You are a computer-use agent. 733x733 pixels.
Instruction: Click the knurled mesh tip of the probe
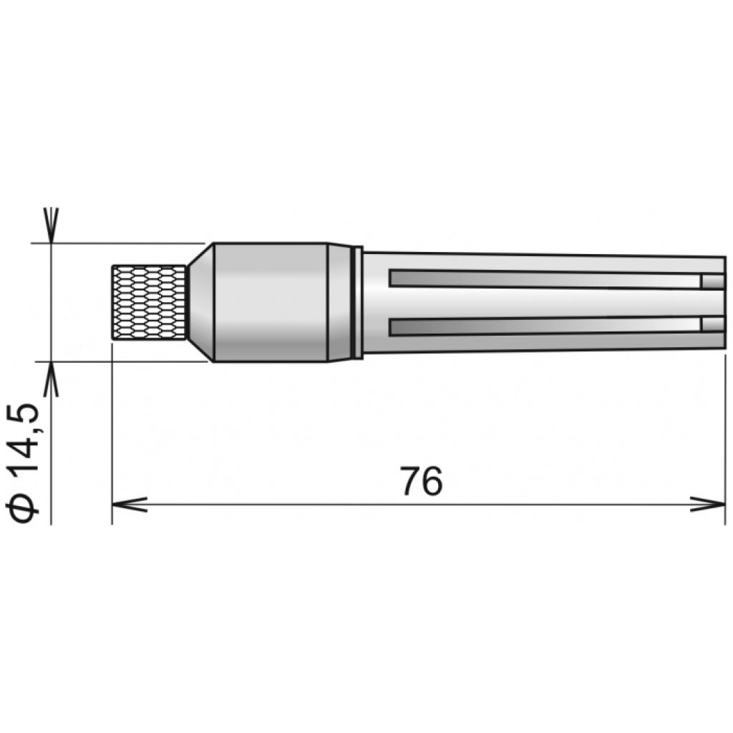point(150,302)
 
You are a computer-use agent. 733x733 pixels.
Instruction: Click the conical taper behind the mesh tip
point(200,302)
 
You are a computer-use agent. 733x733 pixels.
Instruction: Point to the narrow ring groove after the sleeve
point(356,302)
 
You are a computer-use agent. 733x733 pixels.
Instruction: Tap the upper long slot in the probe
point(544,280)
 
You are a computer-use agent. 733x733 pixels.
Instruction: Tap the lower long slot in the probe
point(544,326)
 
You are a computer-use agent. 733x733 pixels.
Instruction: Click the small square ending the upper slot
point(713,282)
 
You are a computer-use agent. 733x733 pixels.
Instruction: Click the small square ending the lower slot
point(713,325)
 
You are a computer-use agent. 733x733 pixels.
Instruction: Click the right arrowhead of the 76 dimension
point(709,504)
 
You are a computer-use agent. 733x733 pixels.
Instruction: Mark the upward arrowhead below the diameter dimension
point(52,379)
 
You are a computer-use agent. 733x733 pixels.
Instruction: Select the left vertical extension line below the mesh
point(112,429)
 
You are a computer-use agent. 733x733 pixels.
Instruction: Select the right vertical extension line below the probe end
point(725,429)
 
